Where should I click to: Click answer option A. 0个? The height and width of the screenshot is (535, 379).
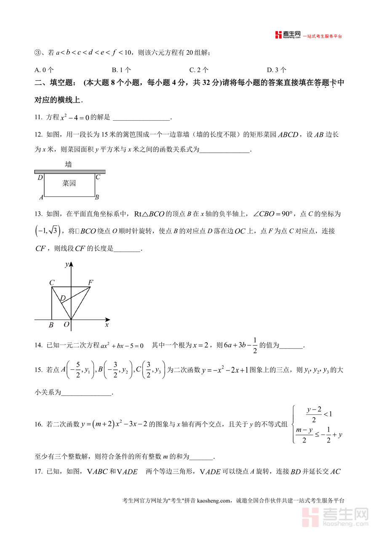click(x=44, y=70)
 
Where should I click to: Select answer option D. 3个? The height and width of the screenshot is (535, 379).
click(x=277, y=70)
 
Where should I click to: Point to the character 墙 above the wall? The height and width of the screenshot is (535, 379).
click(x=68, y=164)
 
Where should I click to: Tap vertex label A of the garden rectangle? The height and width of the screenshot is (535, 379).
click(x=41, y=197)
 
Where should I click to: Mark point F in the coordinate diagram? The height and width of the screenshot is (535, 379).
click(x=91, y=282)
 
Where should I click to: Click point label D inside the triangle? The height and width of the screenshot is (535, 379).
click(x=63, y=298)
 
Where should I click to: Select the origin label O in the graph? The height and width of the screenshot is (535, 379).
click(x=66, y=325)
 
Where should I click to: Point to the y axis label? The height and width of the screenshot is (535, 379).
click(x=67, y=265)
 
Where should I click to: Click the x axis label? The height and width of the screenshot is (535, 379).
click(x=107, y=325)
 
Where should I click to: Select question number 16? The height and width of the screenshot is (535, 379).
click(x=38, y=424)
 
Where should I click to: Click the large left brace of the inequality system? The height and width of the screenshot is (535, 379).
click(x=292, y=424)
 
